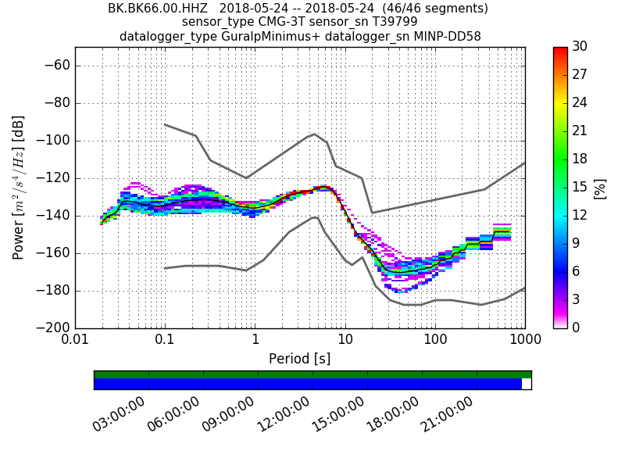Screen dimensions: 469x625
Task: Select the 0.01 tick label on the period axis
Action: click(x=75, y=341)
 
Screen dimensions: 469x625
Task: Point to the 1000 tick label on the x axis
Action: click(x=524, y=341)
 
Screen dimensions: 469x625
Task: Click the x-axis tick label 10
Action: click(x=345, y=341)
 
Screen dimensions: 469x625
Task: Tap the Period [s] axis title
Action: click(x=299, y=359)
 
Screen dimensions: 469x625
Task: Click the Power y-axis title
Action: click(x=19, y=188)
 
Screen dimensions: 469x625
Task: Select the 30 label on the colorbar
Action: click(x=579, y=47)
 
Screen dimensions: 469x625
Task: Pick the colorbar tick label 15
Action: click(x=579, y=187)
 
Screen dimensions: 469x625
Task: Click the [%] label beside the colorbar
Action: click(x=600, y=188)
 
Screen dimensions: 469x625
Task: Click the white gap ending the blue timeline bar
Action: click(x=527, y=384)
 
